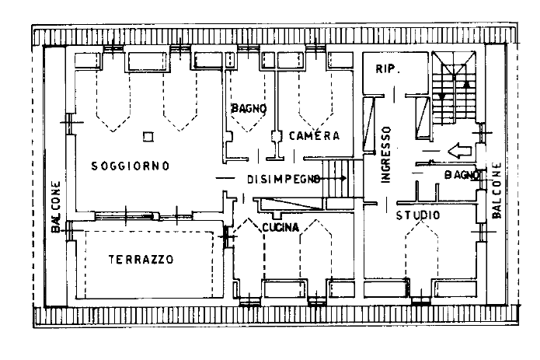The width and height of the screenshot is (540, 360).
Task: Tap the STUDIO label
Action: (417, 215)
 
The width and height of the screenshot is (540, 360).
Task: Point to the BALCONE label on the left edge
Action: (55, 207)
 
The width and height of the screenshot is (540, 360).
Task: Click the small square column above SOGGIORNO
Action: (148, 136)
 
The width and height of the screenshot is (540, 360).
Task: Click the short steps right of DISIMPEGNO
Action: (340, 183)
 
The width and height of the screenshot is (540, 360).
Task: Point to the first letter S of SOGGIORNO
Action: (94, 166)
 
